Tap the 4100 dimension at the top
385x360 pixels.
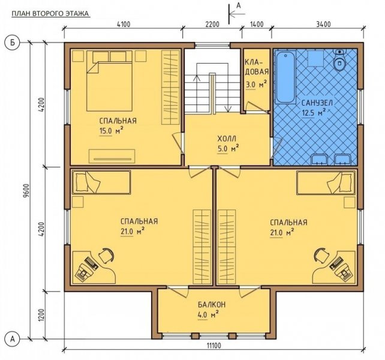click(x=124, y=25)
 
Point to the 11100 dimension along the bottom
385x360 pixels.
click(x=213, y=346)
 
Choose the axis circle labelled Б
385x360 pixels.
click(x=12, y=43)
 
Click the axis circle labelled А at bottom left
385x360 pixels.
click(x=12, y=339)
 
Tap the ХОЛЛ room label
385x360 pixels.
click(x=227, y=139)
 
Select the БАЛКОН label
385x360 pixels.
click(x=212, y=305)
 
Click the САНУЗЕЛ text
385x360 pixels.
click(x=317, y=103)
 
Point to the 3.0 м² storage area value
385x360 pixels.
click(x=256, y=85)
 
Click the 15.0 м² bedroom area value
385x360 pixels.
click(x=111, y=131)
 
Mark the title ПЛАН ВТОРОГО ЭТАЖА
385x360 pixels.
click(x=50, y=14)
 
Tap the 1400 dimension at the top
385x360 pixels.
click(x=257, y=25)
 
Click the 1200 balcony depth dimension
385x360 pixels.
click(x=41, y=315)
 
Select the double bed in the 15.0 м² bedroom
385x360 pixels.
click(x=110, y=81)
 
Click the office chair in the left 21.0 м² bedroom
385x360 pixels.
click(x=106, y=256)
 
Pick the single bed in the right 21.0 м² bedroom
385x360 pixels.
click(x=326, y=183)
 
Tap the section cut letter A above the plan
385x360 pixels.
click(x=239, y=5)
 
